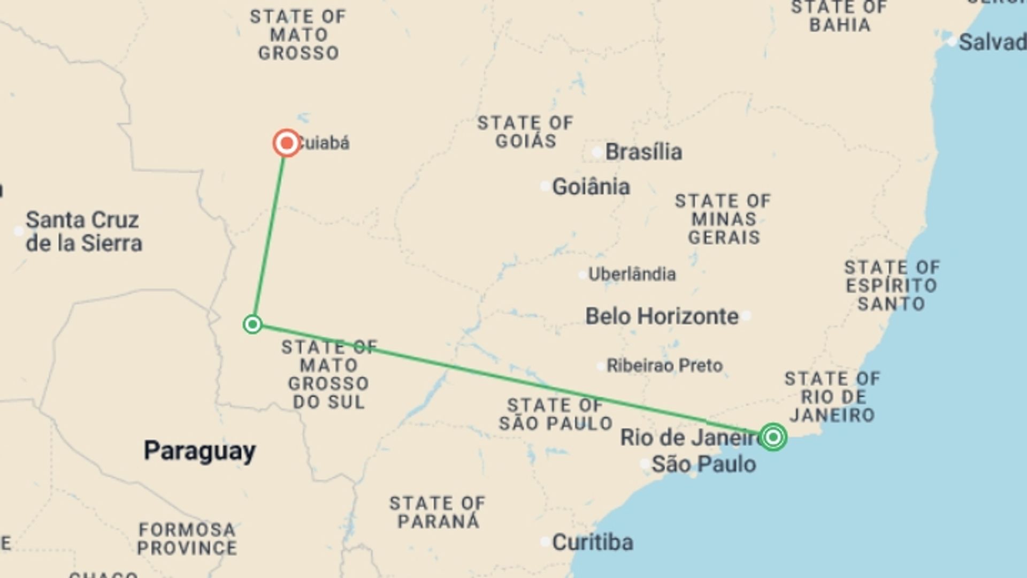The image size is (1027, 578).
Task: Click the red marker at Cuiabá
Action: tap(287, 143)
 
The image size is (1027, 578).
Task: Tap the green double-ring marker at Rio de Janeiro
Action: tap(772, 437)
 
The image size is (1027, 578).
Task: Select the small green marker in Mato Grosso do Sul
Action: tap(252, 324)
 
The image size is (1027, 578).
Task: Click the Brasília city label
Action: tap(643, 152)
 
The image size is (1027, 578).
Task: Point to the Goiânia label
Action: tap(591, 187)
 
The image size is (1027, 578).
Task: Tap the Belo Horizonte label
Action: tap(662, 316)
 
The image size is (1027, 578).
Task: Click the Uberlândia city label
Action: tap(632, 274)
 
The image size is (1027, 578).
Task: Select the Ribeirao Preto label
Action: tap(664, 366)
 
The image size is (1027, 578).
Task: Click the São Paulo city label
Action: tap(703, 464)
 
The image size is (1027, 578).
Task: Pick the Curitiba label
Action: tap(592, 542)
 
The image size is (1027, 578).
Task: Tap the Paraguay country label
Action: tap(200, 451)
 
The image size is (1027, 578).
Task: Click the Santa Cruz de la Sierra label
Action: tap(84, 231)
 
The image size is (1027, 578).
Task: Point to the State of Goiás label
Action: tap(525, 132)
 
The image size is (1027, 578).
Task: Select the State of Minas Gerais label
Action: tap(723, 219)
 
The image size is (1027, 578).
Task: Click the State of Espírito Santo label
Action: tap(892, 285)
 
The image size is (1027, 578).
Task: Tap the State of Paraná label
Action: tap(438, 512)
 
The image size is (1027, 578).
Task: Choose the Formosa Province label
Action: tap(187, 538)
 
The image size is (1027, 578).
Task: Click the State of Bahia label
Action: tap(839, 16)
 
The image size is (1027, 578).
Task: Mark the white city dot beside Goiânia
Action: tap(545, 186)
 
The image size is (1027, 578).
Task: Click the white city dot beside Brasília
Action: tap(597, 152)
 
